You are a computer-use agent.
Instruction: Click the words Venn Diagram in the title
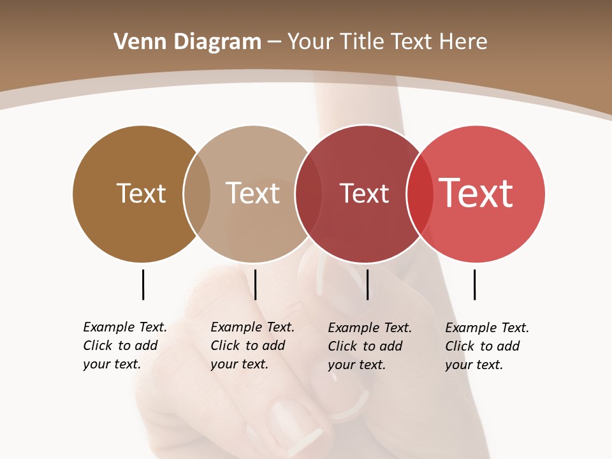[x=187, y=42]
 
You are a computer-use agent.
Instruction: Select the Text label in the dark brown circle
[x=141, y=193]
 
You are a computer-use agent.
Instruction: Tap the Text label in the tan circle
[x=252, y=193]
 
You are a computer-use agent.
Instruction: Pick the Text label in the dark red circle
[x=364, y=193]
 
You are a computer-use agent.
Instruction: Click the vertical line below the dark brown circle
[x=143, y=284]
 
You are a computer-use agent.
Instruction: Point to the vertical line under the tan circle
[x=255, y=284]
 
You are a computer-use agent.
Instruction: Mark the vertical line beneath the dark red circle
[x=367, y=284]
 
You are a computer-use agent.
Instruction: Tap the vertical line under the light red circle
[x=474, y=284]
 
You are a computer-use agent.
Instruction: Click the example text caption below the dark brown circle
[x=125, y=346]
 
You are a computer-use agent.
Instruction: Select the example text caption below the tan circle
[x=252, y=346]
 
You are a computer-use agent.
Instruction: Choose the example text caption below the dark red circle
[x=370, y=346]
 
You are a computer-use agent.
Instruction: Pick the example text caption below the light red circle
[x=487, y=346]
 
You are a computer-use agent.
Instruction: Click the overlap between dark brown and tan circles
[x=197, y=194]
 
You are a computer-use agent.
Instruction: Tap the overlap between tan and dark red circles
[x=309, y=194]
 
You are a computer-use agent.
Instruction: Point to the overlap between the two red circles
[x=419, y=194]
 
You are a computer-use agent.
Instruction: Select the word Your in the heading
[x=310, y=42]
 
